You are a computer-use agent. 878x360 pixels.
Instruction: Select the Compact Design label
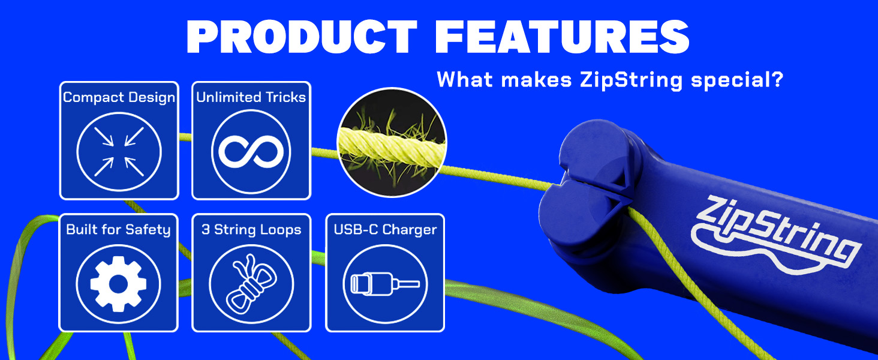coord(119,97)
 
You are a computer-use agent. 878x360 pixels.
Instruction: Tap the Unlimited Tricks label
coord(251,97)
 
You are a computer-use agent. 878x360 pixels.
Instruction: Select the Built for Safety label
coord(119,230)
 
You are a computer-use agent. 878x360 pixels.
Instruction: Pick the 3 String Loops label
coord(251,230)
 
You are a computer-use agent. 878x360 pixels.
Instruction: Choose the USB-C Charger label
coord(385,230)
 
